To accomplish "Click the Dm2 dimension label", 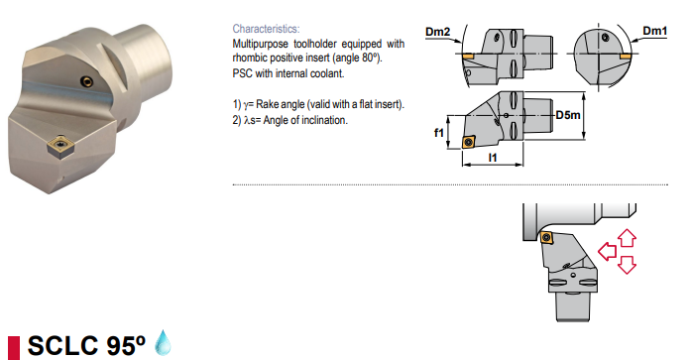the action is [x=438, y=32].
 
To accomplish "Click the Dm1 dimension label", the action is [x=654, y=31].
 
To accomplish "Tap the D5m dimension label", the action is [x=568, y=115].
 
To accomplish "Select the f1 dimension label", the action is [x=439, y=132].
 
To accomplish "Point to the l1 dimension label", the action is [x=493, y=157].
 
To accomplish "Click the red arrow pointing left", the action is [x=608, y=251].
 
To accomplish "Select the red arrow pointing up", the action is [x=627, y=238].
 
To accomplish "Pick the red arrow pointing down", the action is [x=627, y=265].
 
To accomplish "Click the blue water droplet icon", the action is [x=164, y=342].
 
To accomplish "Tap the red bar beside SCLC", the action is [x=14, y=348].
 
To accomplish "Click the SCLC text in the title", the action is [x=62, y=345].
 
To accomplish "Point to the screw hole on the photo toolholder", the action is [x=86, y=81].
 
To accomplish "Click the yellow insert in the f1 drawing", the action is [x=468, y=142].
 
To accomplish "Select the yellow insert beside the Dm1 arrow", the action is [x=625, y=57].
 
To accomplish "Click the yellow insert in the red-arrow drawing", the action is [x=547, y=236].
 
